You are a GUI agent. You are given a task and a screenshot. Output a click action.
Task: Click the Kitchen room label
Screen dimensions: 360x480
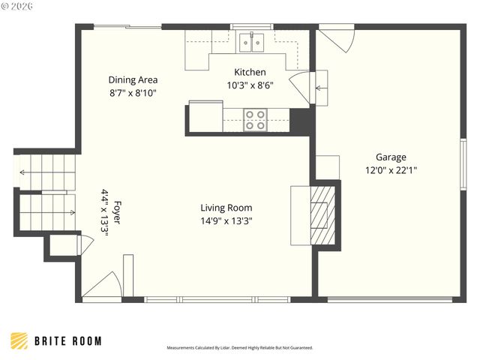(250, 73)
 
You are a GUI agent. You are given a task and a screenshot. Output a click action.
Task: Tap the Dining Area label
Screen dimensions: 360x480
(133, 79)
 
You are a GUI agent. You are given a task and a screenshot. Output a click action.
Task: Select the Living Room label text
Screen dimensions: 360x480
(226, 208)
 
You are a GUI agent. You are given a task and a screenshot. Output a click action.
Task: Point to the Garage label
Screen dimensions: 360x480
(391, 157)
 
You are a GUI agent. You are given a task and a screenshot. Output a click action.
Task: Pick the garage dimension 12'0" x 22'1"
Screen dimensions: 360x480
(391, 170)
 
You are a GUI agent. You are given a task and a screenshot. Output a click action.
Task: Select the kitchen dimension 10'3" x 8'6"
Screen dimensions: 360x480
(250, 85)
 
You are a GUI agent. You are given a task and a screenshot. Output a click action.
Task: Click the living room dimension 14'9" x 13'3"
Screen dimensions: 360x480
(226, 220)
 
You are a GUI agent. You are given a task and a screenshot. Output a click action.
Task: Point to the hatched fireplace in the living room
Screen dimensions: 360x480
(320, 214)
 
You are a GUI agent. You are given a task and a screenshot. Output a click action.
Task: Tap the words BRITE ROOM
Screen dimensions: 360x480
(67, 341)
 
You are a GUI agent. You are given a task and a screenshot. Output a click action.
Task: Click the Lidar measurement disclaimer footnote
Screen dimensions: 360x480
(239, 348)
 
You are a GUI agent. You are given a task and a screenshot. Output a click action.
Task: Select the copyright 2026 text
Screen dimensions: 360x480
(15, 6)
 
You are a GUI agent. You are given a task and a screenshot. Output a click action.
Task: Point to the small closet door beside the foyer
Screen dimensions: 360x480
(83, 244)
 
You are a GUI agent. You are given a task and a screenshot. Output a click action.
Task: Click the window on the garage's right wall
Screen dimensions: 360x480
(463, 162)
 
